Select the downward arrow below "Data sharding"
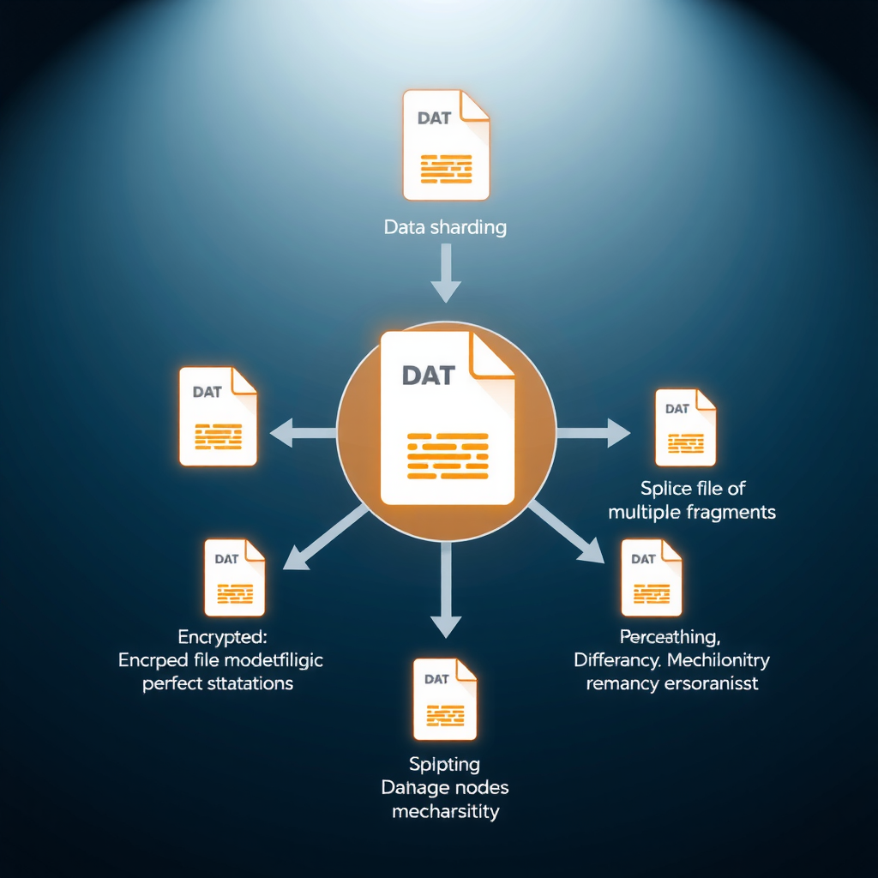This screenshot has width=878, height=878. coord(446,273)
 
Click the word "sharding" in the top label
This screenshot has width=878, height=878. coord(468,228)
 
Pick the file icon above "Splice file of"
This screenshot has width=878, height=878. coord(685,427)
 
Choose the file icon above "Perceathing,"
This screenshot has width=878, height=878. coord(652,577)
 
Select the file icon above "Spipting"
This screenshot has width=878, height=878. coord(444,699)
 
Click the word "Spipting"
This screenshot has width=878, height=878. coord(445,764)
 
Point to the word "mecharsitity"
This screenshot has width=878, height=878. coord(445,811)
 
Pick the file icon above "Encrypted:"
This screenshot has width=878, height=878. coord(234,577)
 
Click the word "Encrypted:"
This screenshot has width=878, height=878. coord(222,637)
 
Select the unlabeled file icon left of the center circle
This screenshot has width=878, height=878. coord(218,416)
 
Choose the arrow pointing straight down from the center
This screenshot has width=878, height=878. coord(445,592)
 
